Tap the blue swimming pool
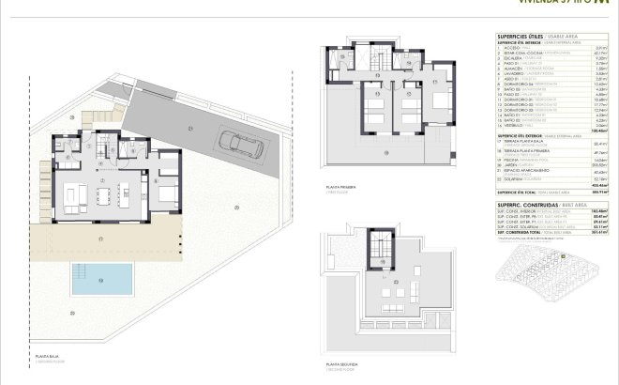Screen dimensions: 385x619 point(103,277)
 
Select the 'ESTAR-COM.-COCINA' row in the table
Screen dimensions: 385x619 point(525,54)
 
